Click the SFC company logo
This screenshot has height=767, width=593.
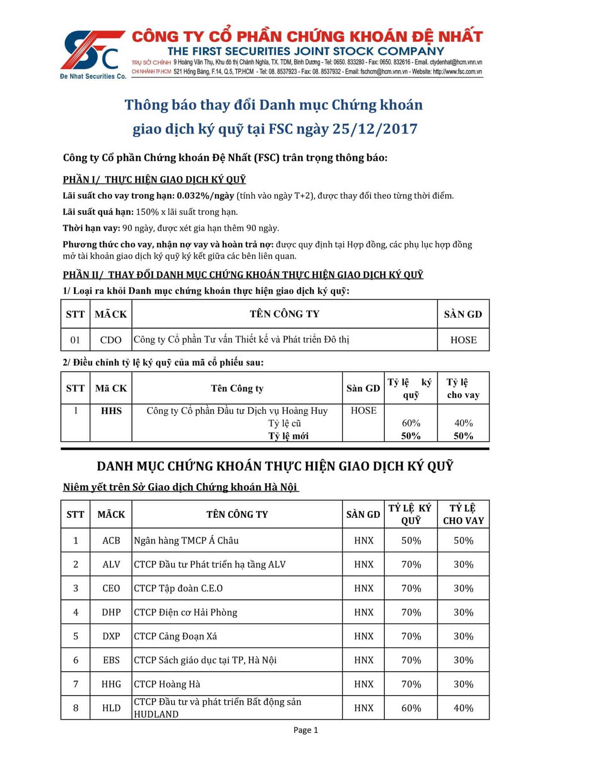tap(93, 54)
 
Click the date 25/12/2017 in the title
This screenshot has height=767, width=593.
tap(375, 129)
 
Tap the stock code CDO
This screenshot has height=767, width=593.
tap(111, 340)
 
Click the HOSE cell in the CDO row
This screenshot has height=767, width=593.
tap(463, 340)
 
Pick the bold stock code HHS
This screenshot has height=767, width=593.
tap(111, 411)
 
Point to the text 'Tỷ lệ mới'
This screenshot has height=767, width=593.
tap(288, 436)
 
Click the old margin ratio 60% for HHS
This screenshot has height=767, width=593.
tap(411, 423)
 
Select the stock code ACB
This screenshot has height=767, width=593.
tap(111, 540)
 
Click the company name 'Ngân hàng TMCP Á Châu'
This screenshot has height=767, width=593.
tap(186, 540)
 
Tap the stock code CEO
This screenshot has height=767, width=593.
tap(111, 588)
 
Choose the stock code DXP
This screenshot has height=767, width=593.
tap(111, 636)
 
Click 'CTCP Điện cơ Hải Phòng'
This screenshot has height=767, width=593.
tap(186, 612)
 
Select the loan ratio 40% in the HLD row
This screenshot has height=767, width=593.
tap(463, 708)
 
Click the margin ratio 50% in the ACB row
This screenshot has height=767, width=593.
tap(411, 540)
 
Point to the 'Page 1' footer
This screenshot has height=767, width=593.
tap(306, 730)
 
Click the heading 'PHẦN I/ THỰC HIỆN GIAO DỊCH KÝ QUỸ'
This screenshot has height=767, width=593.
tap(154, 180)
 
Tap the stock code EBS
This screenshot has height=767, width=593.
tap(111, 660)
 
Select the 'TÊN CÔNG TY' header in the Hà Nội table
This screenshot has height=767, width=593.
tap(237, 514)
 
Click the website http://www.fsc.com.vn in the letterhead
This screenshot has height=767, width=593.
tap(457, 72)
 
